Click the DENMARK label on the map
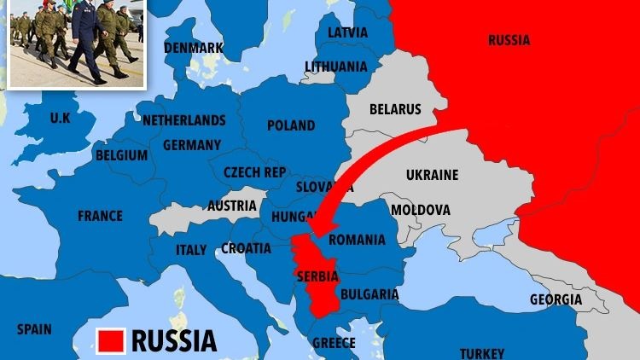point(194,48)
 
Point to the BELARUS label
point(395,109)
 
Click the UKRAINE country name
point(432,175)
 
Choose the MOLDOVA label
point(420,210)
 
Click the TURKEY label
point(482,353)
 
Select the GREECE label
point(334,343)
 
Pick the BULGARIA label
point(369,294)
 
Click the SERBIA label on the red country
point(317,276)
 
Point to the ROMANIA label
point(358,240)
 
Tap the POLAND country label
point(291,125)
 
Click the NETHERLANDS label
point(183,120)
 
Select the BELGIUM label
point(121,156)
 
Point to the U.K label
point(61,117)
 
